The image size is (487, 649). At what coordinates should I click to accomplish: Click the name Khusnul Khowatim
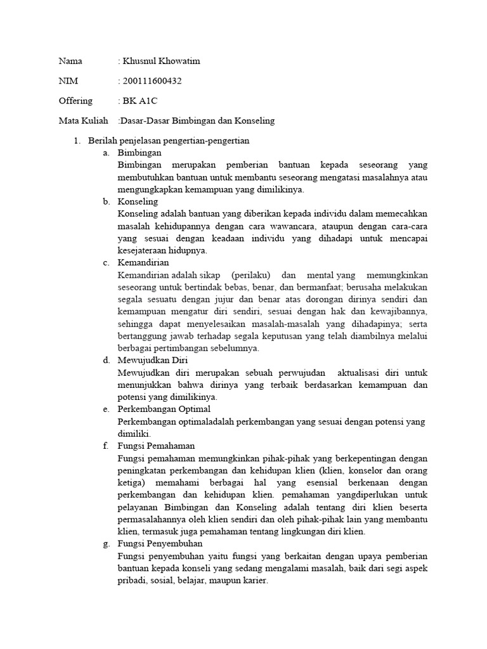(161, 61)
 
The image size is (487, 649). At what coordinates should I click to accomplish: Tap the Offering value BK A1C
(140, 100)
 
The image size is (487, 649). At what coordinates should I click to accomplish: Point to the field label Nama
(70, 61)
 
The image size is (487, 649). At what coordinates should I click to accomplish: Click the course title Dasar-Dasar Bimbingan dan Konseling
(197, 120)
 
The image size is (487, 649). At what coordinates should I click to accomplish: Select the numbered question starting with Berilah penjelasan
(168, 140)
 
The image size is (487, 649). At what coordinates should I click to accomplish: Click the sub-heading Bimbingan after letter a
(140, 153)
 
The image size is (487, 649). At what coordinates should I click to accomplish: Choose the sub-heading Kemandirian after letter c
(143, 262)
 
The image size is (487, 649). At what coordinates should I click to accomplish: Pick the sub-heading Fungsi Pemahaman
(156, 446)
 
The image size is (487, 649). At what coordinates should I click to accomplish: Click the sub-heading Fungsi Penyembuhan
(160, 543)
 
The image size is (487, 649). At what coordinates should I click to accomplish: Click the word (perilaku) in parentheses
(251, 275)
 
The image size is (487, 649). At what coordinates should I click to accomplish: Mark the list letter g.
(105, 543)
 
